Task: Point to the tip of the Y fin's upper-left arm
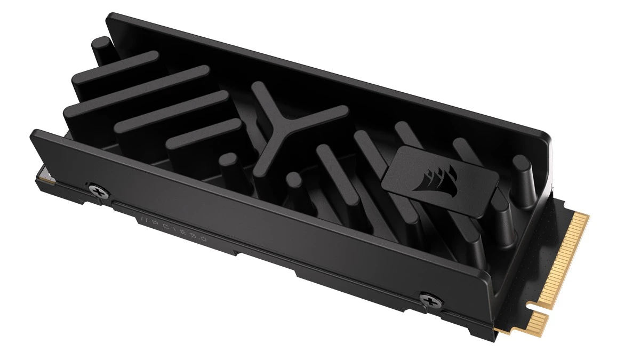click(258, 87)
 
